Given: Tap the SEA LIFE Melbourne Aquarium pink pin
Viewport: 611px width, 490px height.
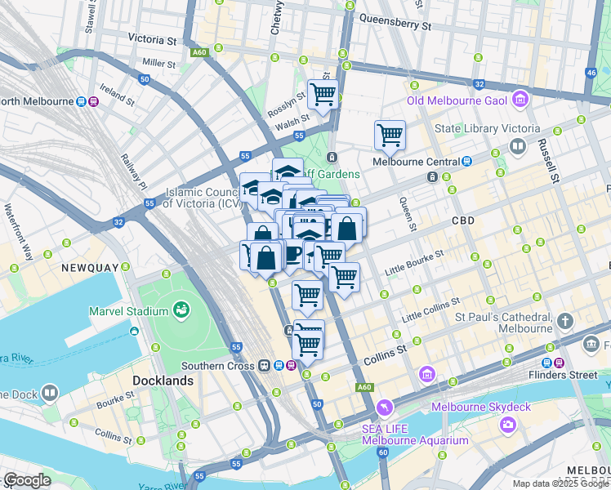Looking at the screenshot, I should point(385,407).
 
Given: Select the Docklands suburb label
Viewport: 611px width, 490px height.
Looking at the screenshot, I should point(163,381).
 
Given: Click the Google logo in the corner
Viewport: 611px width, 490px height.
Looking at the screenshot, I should point(27,480).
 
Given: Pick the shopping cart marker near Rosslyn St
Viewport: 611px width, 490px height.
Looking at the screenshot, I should point(323,95).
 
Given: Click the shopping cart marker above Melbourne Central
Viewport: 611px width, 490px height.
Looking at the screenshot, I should point(390,135).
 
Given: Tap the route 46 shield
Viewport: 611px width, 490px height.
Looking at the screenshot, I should point(591,73).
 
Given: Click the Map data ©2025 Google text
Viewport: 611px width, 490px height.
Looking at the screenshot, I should point(560,483).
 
